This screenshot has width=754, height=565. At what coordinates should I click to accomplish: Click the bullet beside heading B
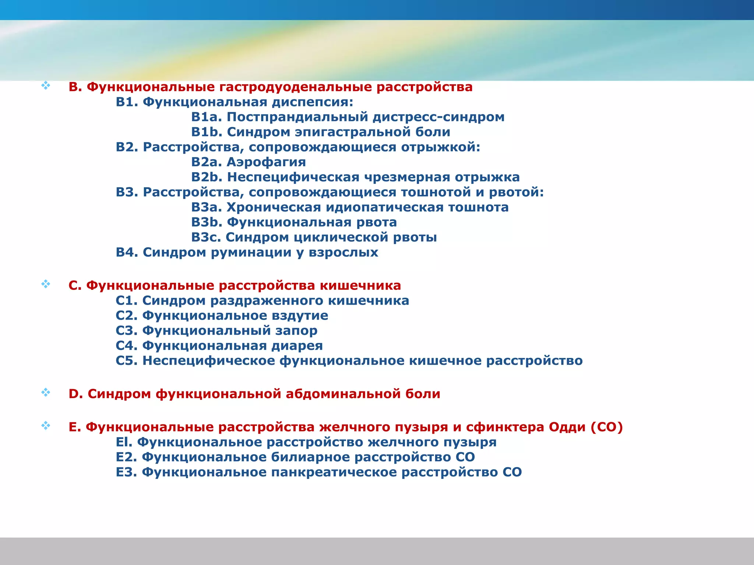46,86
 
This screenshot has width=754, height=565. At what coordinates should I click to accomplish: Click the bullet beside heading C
46,284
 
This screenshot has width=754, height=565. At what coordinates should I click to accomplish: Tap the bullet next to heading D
46,392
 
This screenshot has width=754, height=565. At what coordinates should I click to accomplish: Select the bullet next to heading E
46,426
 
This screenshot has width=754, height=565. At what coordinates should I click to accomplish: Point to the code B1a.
207,117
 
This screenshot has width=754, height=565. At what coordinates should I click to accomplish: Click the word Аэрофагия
266,162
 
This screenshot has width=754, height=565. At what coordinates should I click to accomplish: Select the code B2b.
207,177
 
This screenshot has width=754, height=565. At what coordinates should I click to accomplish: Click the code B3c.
206,238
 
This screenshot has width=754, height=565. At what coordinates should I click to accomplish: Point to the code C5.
126,361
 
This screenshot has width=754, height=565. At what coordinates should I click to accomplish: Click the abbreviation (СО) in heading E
607,427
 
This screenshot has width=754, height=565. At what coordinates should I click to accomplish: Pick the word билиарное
310,457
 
